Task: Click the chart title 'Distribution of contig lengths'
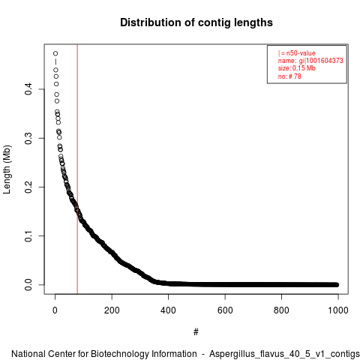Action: coord(196,22)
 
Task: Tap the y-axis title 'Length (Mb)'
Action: coord(7,169)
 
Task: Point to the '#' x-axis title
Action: coord(196,332)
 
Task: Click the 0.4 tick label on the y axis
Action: coord(28,89)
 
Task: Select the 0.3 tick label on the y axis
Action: coord(28,138)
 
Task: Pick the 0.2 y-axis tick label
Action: coord(28,187)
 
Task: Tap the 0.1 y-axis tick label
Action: coord(28,236)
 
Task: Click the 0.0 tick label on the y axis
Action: coord(28,285)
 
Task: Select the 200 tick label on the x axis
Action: coord(112,310)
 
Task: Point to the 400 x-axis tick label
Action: coord(168,310)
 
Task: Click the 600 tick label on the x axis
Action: coord(225,310)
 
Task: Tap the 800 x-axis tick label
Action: coord(281,310)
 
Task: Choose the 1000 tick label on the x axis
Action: coord(338,310)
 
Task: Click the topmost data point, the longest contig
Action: coord(55,53)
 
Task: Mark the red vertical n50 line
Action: coord(77,169)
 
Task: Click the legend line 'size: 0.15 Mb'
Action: coord(297,68)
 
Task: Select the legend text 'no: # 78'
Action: coord(289,76)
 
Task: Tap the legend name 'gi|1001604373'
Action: coord(321,61)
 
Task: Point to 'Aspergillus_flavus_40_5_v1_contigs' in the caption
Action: coord(284,354)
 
